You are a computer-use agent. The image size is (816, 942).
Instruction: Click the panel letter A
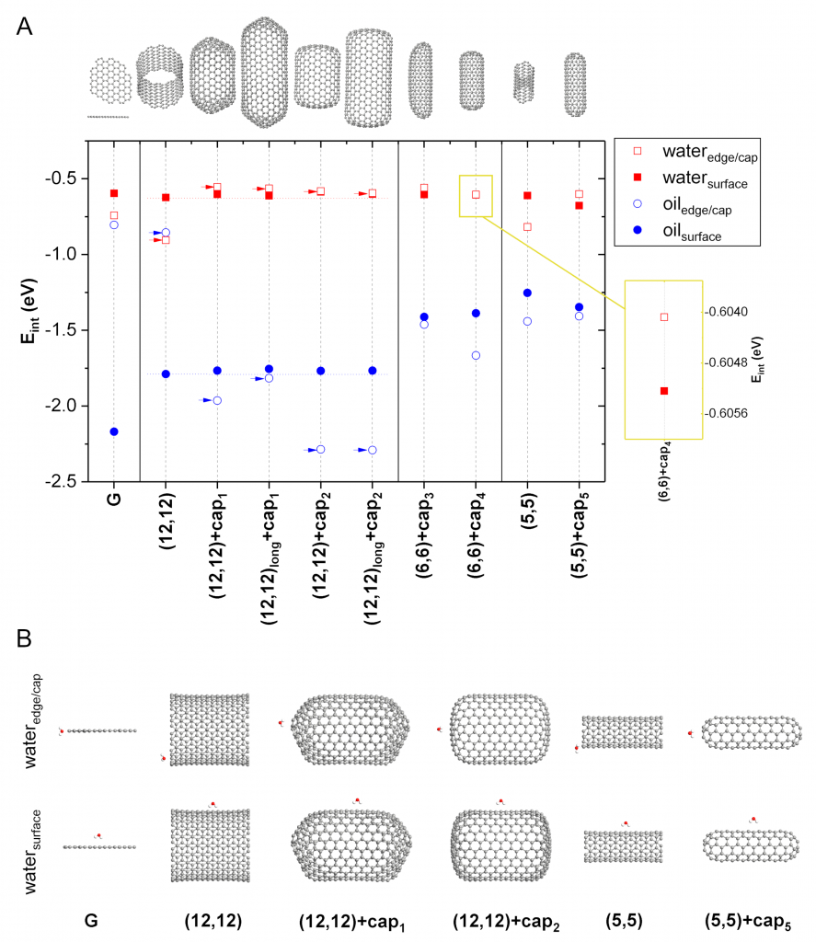(x=24, y=27)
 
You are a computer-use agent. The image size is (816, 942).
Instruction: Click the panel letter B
(x=24, y=638)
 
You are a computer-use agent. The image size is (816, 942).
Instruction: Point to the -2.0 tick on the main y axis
(x=85, y=406)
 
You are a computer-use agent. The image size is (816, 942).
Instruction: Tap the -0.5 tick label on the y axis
(x=61, y=178)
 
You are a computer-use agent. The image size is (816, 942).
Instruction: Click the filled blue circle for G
(x=114, y=431)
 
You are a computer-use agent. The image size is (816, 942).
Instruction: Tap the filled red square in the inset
(x=664, y=391)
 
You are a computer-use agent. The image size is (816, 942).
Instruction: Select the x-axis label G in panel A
(x=114, y=499)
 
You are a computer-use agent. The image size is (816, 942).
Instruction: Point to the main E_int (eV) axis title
(x=29, y=311)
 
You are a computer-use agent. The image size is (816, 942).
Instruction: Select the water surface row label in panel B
(x=32, y=851)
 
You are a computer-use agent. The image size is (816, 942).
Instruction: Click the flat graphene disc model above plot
(x=110, y=81)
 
